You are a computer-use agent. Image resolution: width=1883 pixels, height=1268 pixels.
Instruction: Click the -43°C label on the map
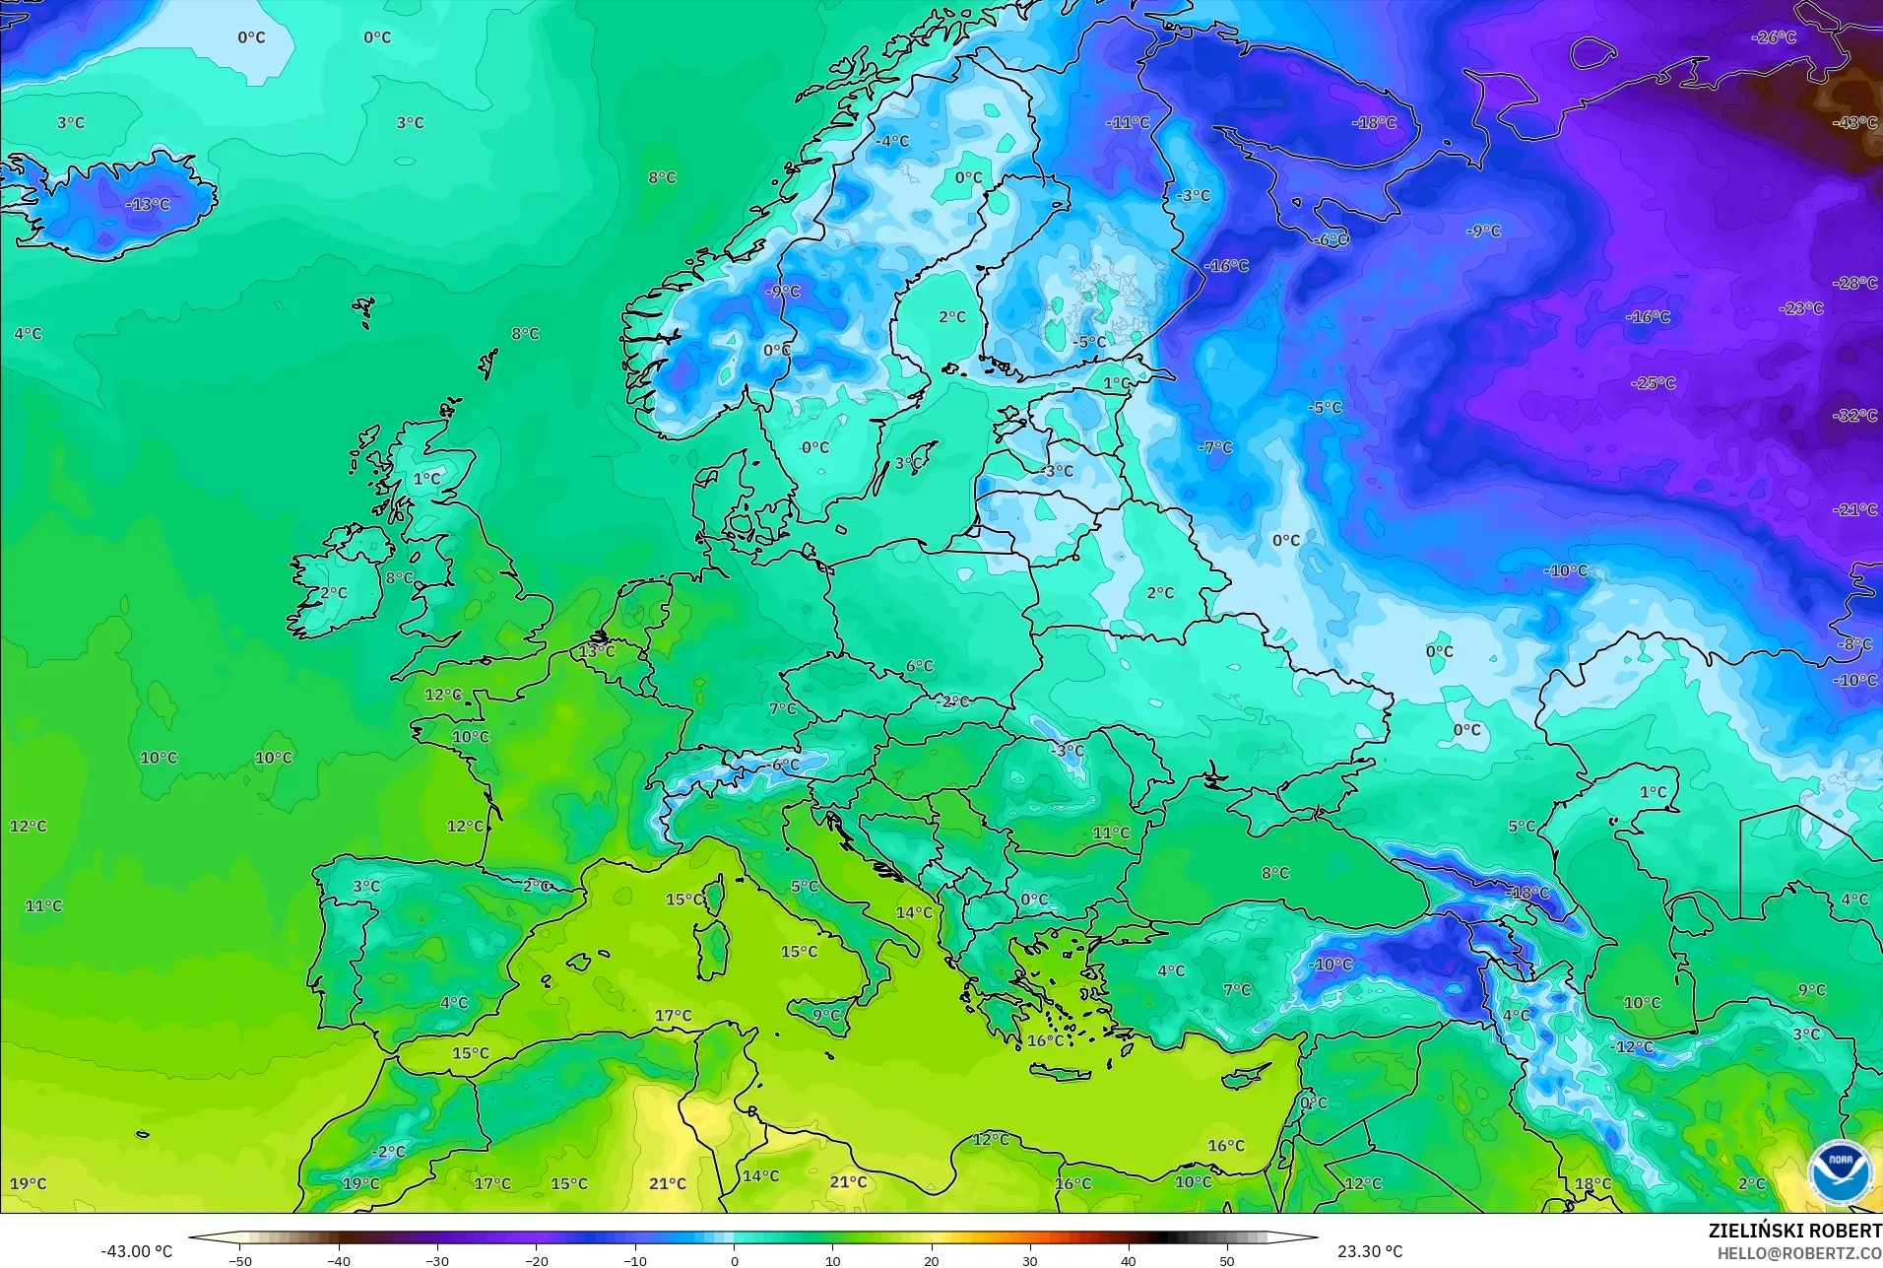[1854, 123]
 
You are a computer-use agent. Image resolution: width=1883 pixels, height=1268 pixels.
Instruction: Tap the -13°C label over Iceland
[148, 205]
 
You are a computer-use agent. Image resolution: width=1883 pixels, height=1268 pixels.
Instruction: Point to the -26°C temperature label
[1774, 37]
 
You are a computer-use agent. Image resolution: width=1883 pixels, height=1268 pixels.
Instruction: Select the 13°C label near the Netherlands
[596, 651]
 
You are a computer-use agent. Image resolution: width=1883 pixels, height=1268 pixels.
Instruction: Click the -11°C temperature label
[1128, 123]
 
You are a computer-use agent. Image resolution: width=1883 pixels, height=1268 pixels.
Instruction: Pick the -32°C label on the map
[1854, 416]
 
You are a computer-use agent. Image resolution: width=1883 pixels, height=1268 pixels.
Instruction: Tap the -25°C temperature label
[1653, 383]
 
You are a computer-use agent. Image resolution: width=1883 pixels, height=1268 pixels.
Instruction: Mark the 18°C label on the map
[1592, 1184]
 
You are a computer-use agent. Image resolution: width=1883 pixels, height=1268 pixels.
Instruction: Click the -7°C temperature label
[1215, 447]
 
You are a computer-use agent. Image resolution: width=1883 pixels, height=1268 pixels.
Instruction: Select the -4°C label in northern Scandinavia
[892, 142]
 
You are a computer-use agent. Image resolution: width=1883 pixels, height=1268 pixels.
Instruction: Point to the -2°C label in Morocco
[388, 1152]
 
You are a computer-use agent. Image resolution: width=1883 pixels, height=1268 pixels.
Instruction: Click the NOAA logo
[1841, 1172]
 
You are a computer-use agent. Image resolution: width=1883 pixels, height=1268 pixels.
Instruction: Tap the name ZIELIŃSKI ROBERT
[1794, 1232]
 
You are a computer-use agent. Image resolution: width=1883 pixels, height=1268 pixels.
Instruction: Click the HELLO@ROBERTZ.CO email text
[1799, 1254]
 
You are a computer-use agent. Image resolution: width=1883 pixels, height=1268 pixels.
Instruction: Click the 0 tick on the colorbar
[734, 1261]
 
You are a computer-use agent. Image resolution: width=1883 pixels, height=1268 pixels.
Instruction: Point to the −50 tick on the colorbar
[240, 1261]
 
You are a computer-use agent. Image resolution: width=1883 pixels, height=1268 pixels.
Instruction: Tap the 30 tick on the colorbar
[1029, 1261]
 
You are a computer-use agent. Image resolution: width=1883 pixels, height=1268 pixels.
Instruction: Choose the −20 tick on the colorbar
[536, 1261]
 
